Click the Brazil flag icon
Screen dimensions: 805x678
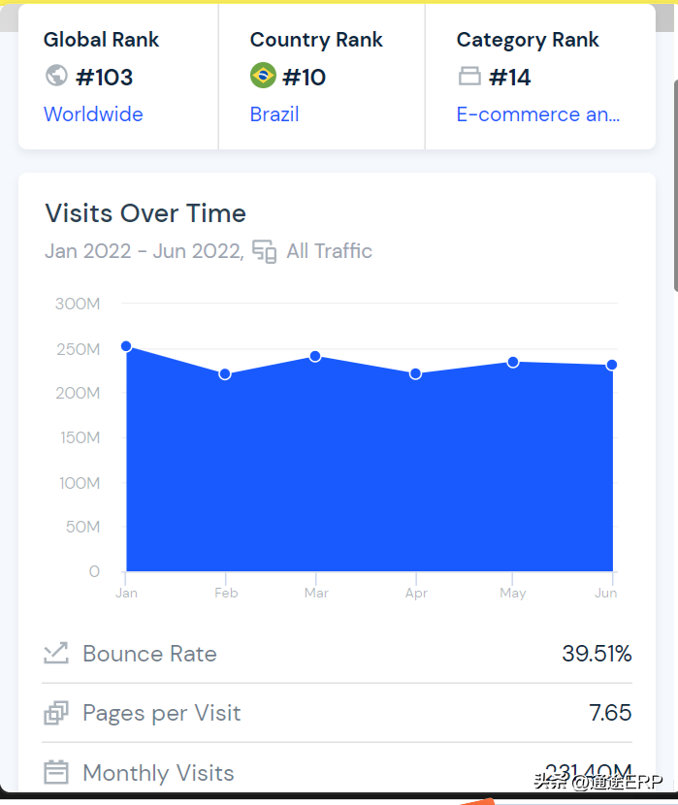coord(263,76)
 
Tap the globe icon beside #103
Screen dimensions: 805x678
coord(56,76)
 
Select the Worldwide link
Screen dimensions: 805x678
coord(93,114)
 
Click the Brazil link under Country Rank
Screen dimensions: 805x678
coord(274,114)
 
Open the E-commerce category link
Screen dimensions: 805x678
coord(538,114)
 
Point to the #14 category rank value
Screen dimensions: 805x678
coord(510,77)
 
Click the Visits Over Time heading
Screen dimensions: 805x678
coord(145,213)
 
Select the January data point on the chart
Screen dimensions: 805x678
coord(126,346)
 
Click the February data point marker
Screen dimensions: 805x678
coord(225,374)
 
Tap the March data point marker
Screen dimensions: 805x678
coord(315,356)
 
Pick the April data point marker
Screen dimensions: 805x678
coord(415,373)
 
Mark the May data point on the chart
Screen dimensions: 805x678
coord(513,362)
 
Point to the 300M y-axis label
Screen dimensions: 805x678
coord(78,304)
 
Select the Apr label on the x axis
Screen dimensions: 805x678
coord(416,593)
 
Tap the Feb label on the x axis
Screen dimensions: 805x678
coord(226,593)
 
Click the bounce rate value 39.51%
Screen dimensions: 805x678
coord(597,654)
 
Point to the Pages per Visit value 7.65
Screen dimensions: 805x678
coord(610,713)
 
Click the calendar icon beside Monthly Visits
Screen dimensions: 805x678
coord(56,773)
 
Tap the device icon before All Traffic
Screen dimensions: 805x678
coord(264,251)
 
